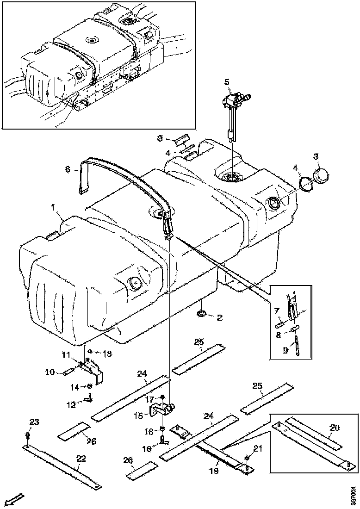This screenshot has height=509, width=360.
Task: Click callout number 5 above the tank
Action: (227, 82)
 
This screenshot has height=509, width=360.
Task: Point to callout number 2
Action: (219, 317)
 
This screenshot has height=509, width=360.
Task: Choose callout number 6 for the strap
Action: (68, 170)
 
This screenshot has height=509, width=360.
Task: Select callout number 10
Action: (50, 372)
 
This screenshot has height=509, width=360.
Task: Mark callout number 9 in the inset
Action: (285, 351)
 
